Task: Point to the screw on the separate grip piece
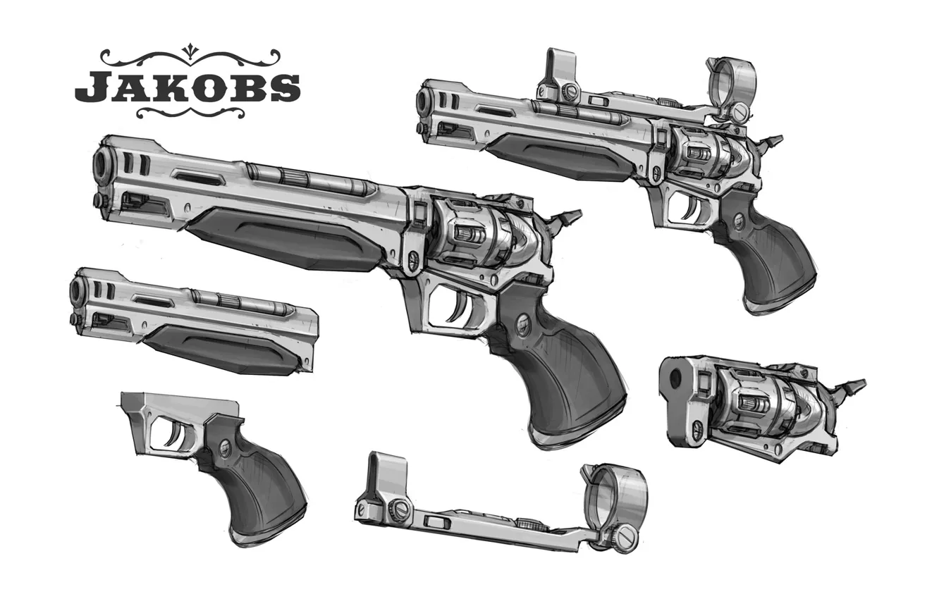pos(225,447)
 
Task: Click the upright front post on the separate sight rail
pos(388,476)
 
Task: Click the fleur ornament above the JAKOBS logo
pos(188,50)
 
